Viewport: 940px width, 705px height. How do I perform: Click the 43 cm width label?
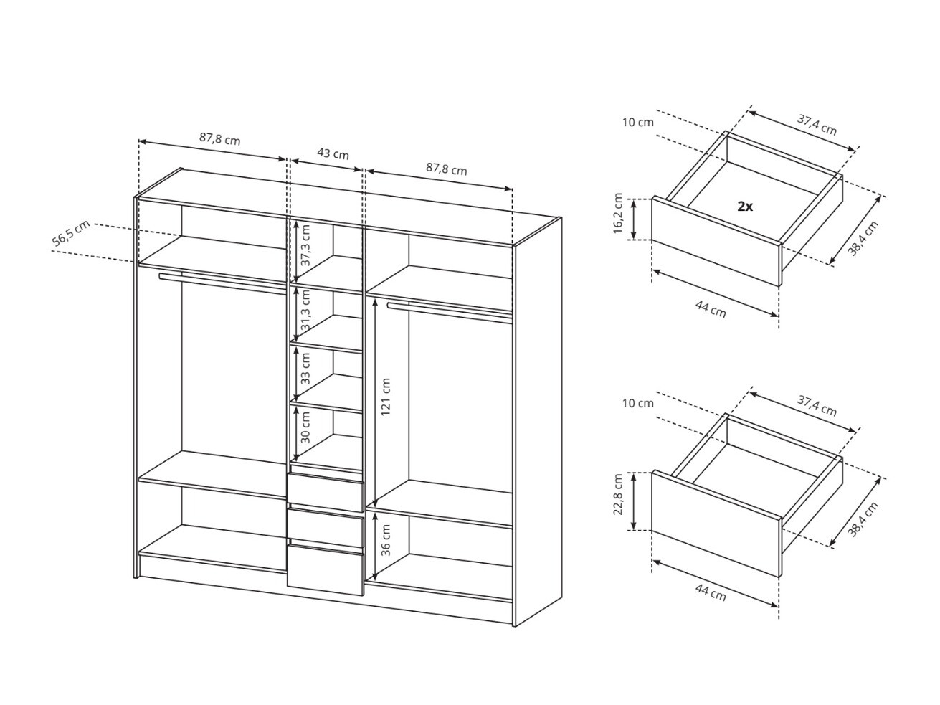(x=333, y=154)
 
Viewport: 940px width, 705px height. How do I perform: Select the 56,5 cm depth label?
(x=71, y=235)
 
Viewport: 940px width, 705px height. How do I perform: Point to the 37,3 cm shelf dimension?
(x=305, y=245)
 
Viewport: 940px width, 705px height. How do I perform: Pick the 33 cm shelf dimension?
(x=305, y=369)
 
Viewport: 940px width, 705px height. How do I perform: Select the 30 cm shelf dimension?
(x=305, y=427)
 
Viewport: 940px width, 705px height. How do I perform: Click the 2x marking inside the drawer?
(x=745, y=207)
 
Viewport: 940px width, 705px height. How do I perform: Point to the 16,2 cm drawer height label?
(x=618, y=214)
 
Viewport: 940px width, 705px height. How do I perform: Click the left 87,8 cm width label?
(x=219, y=139)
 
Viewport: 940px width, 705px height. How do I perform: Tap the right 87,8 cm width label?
(x=446, y=169)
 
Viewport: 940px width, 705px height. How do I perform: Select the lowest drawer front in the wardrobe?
(x=325, y=569)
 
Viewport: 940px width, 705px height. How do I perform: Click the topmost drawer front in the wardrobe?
(x=325, y=491)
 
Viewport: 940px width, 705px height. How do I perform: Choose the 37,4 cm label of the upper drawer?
(x=817, y=126)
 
